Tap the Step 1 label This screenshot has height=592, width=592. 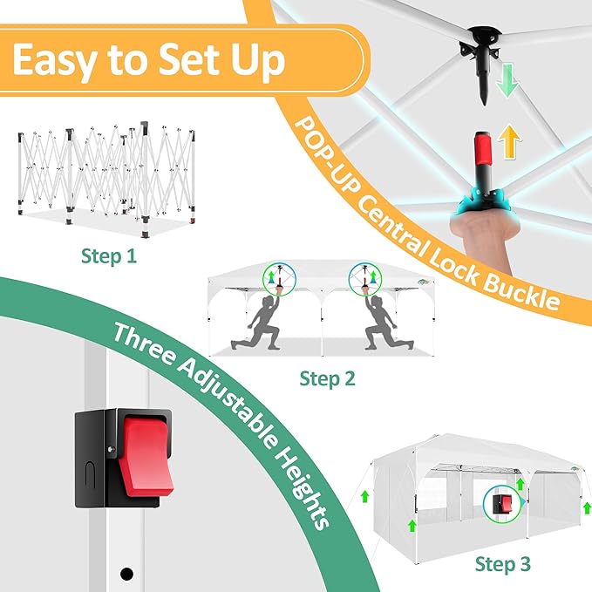tap(109, 256)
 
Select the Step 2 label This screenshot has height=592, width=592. tap(327, 378)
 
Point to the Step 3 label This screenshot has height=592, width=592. tap(502, 564)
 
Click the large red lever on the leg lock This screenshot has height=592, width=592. tap(146, 456)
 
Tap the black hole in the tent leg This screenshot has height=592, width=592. tap(126, 574)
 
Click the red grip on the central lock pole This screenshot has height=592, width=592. tap(484, 149)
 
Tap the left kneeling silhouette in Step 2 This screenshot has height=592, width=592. tap(256, 323)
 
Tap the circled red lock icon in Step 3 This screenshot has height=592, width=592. tap(502, 504)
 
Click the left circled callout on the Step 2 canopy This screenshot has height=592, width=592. tap(279, 279)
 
